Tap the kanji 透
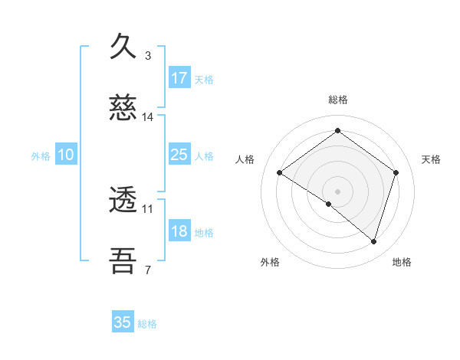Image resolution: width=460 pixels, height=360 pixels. (x=123, y=201)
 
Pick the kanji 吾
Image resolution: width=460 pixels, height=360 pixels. (x=123, y=261)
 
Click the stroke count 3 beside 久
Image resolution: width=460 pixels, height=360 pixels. (x=148, y=56)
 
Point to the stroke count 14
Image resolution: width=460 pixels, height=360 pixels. (x=148, y=117)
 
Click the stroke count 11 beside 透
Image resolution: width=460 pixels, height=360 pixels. (x=148, y=208)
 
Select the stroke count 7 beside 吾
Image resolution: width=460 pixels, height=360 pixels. (x=148, y=269)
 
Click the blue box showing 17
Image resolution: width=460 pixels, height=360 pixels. (x=179, y=78)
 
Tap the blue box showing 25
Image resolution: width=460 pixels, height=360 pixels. (x=179, y=155)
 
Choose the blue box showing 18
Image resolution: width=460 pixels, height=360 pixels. (x=179, y=231)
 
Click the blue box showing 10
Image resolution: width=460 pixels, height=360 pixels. (x=66, y=155)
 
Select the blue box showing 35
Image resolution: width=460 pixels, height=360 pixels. (x=123, y=322)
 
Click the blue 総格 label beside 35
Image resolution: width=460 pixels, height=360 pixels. (x=147, y=324)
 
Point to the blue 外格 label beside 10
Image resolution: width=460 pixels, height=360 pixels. (x=41, y=156)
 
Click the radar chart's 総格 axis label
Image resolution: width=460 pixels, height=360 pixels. (x=337, y=100)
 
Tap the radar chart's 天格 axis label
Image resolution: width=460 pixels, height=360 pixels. (x=431, y=159)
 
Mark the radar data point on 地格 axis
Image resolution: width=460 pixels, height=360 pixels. (x=373, y=241)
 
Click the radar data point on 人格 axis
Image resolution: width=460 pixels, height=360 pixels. (x=280, y=173)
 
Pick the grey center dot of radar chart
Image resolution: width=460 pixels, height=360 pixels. (x=337, y=191)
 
